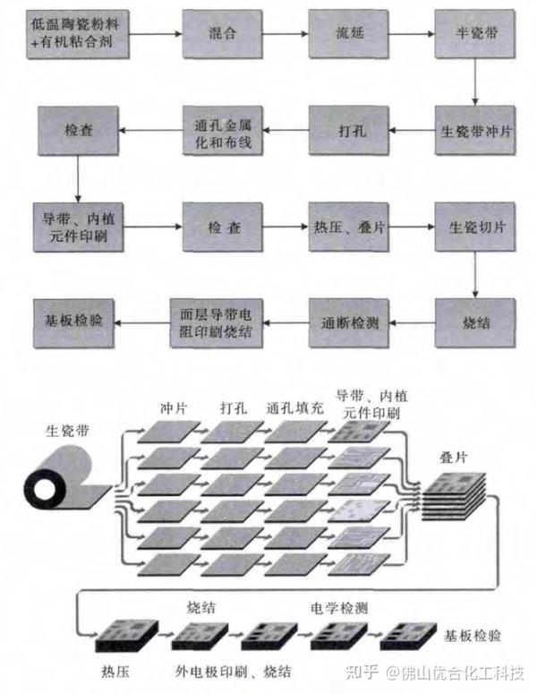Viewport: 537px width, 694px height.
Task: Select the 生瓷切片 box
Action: click(x=473, y=227)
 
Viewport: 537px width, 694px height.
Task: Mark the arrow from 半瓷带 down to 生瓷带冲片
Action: click(x=473, y=82)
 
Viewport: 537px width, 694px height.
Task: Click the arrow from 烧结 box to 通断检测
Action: click(x=410, y=321)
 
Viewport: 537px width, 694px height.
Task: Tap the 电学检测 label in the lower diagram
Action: click(x=338, y=605)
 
